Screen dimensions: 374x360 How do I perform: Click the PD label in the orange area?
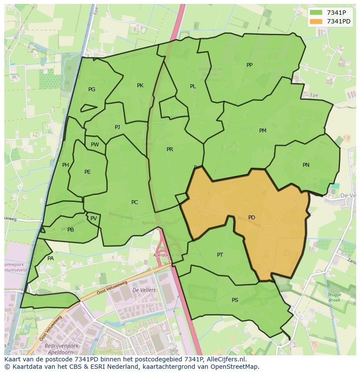coord(251,218)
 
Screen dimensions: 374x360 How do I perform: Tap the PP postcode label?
coord(249,65)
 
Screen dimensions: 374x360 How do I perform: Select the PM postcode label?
coord(263,131)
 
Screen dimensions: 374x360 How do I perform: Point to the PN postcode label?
coord(306,165)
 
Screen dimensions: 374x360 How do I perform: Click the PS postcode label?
coord(235,300)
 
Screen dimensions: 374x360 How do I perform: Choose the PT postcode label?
coord(220,255)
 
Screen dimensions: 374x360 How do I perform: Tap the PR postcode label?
coord(170,149)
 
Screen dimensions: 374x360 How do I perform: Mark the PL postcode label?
coord(193,86)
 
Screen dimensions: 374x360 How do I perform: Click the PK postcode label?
coord(140,86)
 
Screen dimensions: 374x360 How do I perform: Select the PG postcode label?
coord(92,89)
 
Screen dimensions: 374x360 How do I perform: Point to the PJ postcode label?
coord(117,127)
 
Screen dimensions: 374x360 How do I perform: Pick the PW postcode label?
coord(95,145)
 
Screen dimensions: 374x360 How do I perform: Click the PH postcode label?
coord(66,165)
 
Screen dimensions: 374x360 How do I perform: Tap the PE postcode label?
coord(87,172)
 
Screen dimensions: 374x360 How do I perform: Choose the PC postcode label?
coord(134,202)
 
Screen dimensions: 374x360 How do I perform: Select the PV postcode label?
coord(93,218)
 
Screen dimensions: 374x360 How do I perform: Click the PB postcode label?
coord(70,230)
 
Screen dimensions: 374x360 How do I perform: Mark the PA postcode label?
coord(50,258)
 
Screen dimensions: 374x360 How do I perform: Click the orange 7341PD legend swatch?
coord(316,21)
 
